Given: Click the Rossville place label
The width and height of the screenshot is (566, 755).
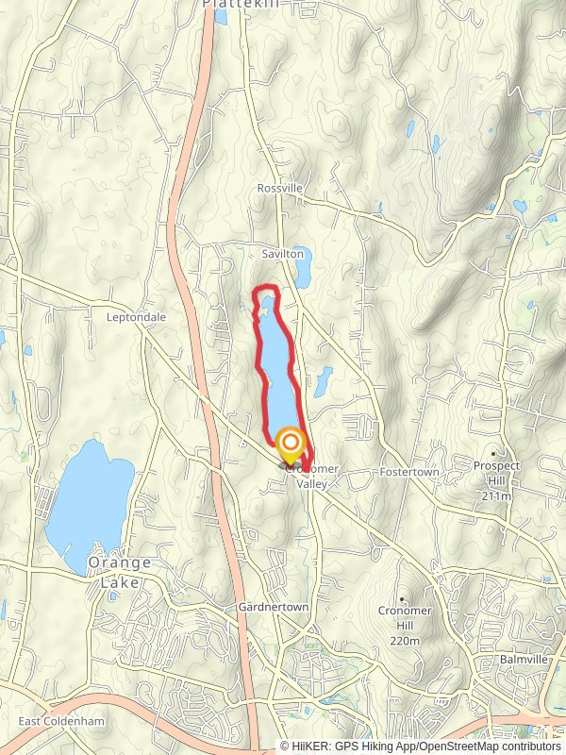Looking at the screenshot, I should point(280,189).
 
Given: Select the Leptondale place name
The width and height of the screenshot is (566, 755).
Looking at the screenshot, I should point(137,317).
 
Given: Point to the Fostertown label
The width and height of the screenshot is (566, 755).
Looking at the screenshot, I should point(405,471).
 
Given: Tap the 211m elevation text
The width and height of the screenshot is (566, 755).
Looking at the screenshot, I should point(496,495).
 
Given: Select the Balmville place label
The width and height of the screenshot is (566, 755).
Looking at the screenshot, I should point(524,660).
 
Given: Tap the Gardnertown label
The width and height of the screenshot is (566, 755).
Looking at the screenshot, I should point(274,607).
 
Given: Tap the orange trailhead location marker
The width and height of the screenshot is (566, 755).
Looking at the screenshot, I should point(291,442).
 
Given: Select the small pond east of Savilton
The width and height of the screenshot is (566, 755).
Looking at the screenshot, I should point(303,272).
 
